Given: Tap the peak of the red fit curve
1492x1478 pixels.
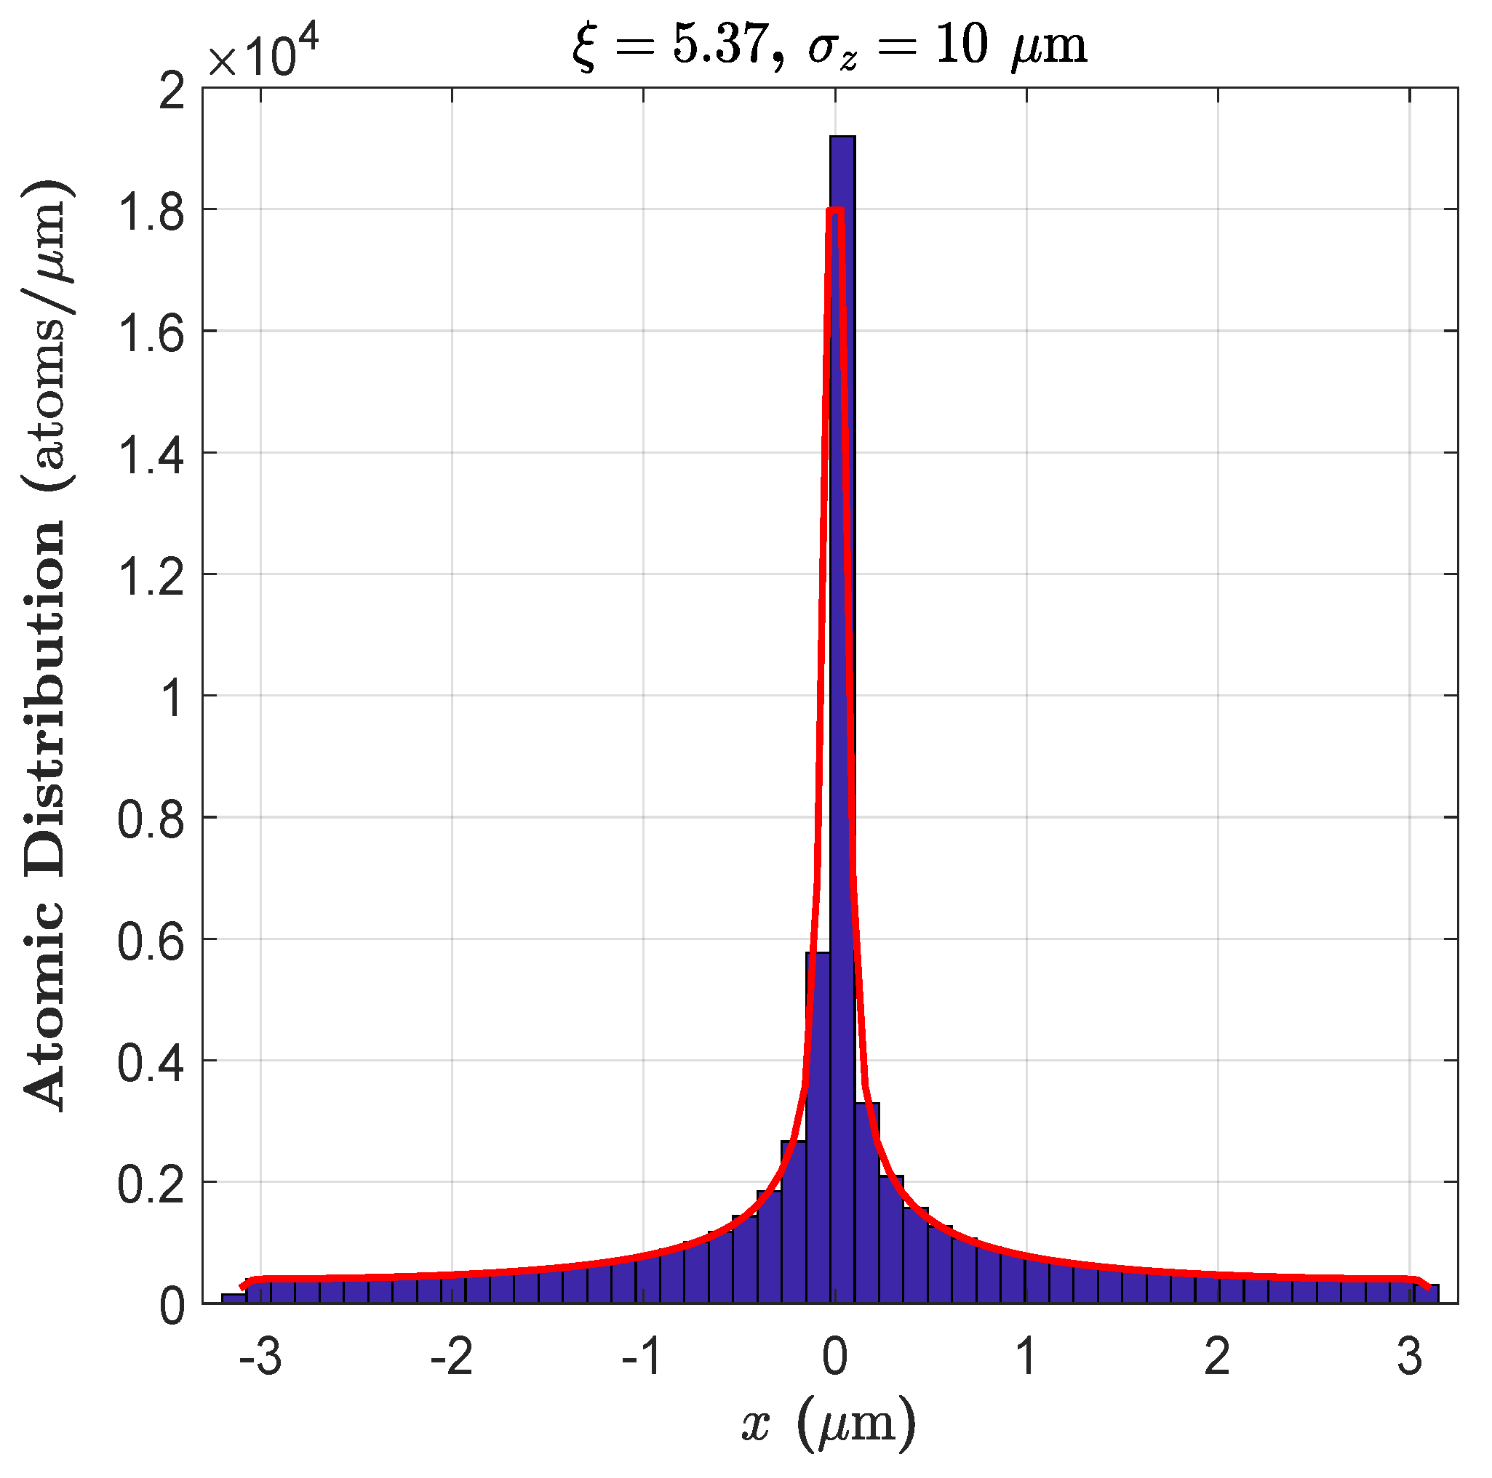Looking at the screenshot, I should pos(835,210).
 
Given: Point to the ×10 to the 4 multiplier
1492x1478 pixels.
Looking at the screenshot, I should pos(263,54).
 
